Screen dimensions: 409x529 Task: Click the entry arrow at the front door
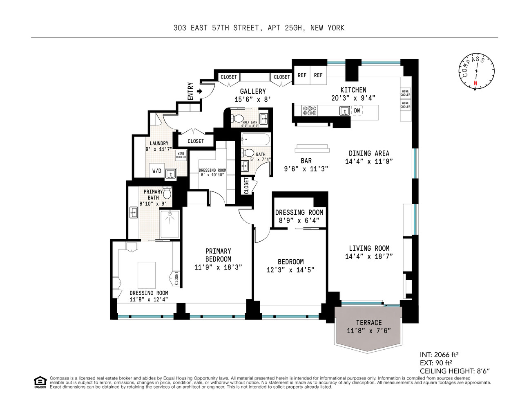point(199,91)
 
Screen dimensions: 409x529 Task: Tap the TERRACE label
point(368,323)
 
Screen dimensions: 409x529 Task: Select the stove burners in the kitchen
point(310,110)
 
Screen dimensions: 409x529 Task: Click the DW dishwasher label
point(357,110)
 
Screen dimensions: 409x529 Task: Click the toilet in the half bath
point(237,119)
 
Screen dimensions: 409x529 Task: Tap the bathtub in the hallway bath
point(256,139)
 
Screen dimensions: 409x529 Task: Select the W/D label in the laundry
point(156,171)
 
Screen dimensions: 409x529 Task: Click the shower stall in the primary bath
point(170,224)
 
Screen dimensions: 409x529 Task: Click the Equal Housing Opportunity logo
point(40,382)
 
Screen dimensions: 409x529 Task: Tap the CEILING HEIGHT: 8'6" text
point(454,371)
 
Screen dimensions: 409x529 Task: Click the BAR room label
point(306,161)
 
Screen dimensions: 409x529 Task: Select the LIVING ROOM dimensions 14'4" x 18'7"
point(369,256)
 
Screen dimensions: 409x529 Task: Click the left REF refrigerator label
point(302,75)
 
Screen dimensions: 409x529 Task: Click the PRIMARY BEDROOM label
point(218,255)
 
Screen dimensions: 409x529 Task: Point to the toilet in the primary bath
point(167,193)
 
